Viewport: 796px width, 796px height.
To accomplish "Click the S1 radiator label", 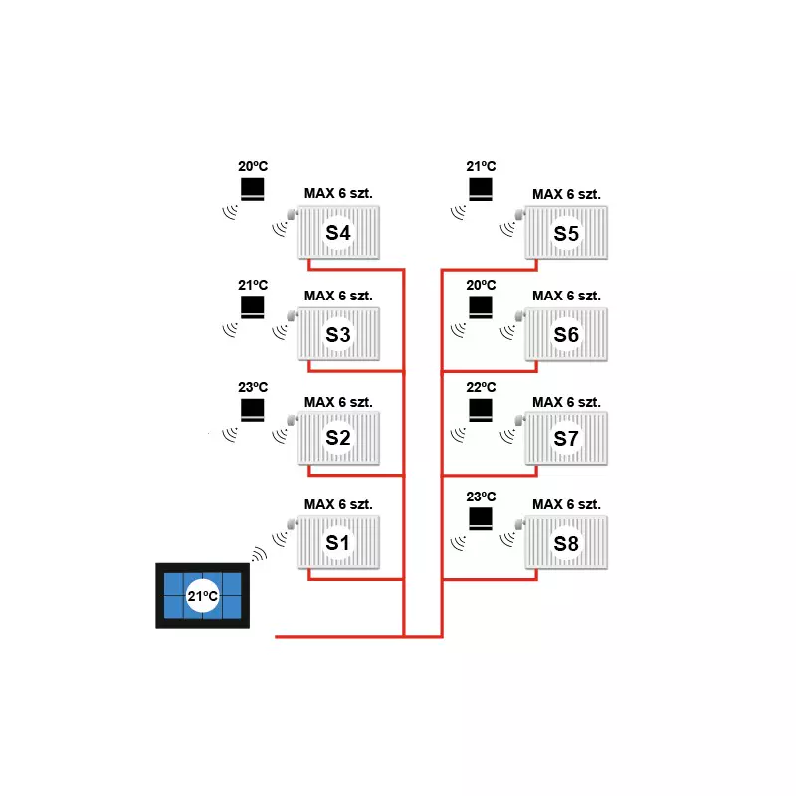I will [338, 542].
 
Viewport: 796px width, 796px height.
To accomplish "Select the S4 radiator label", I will [338, 233].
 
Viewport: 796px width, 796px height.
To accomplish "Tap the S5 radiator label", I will [566, 233].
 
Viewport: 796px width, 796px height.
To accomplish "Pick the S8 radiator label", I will [566, 544].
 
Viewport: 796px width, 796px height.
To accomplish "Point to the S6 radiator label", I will [566, 335].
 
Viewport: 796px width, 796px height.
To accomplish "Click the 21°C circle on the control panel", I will [202, 597].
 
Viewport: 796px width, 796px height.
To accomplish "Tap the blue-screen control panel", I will [202, 596].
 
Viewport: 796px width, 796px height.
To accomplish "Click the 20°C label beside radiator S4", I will [253, 168].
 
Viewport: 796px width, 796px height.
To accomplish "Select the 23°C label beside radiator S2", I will [253, 387].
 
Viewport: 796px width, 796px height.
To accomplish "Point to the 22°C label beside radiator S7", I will [481, 387].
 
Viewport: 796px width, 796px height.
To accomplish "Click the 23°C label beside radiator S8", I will [481, 497].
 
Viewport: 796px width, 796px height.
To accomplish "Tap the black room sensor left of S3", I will [253, 306].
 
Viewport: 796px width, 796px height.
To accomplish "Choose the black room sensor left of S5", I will [481, 189].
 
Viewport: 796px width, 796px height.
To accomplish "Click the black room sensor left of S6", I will [481, 306].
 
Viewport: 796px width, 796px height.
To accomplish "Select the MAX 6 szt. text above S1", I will [338, 504].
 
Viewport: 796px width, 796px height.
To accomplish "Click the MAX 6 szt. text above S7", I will [566, 402].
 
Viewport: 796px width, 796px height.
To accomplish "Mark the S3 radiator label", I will [338, 335].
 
